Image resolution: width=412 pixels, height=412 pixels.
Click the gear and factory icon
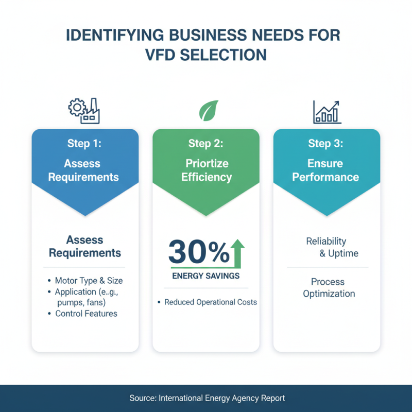pyautogui.click(x=84, y=111)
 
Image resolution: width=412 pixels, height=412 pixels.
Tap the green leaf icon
pyautogui.click(x=209, y=110)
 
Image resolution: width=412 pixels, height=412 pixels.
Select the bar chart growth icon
pyautogui.click(x=327, y=112)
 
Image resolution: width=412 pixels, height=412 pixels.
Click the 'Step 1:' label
pyautogui.click(x=84, y=144)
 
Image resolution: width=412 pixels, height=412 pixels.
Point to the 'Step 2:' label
pyautogui.click(x=205, y=144)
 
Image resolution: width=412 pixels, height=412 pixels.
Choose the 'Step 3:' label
pyautogui.click(x=325, y=144)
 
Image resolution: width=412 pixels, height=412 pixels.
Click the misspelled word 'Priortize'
pyautogui.click(x=207, y=163)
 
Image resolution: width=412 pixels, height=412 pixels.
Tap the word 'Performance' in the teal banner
pyautogui.click(x=325, y=177)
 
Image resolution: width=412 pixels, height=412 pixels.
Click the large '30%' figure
pyautogui.click(x=199, y=251)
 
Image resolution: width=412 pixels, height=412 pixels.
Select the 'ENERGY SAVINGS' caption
pyautogui.click(x=206, y=276)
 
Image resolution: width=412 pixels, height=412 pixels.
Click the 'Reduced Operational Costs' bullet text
pyautogui.click(x=211, y=302)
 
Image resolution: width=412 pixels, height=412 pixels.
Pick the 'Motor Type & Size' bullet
pyautogui.click(x=89, y=281)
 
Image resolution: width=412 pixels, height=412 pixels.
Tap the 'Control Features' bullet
pyautogui.click(x=86, y=314)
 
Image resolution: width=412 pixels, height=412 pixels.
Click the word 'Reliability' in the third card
pyautogui.click(x=326, y=241)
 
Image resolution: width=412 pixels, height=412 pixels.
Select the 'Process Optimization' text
pyautogui.click(x=329, y=288)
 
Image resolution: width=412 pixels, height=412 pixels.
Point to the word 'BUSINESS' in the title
pyautogui.click(x=208, y=35)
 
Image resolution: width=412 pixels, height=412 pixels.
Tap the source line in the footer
pyautogui.click(x=207, y=398)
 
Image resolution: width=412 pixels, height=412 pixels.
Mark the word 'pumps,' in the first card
pyautogui.click(x=70, y=303)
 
